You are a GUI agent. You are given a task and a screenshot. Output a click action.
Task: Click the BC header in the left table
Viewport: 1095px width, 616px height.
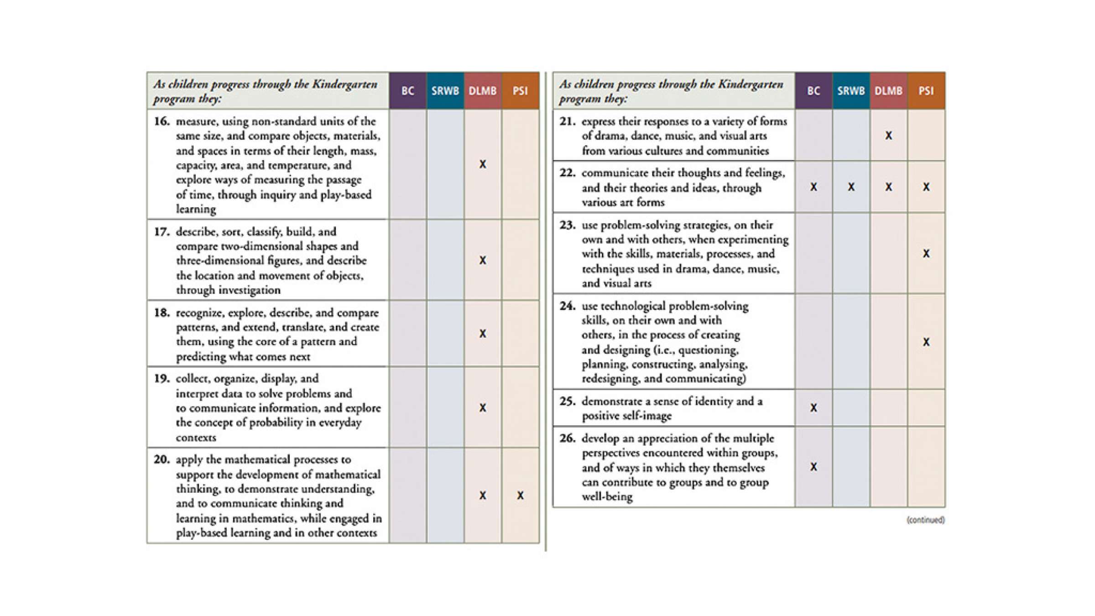tap(407, 91)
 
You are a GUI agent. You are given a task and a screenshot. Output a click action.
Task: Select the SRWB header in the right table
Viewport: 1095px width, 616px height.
tap(851, 91)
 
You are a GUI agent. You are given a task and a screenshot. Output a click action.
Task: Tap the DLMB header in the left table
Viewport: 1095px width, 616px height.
tap(482, 91)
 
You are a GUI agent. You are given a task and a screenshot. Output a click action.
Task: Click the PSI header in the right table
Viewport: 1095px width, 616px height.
tap(926, 91)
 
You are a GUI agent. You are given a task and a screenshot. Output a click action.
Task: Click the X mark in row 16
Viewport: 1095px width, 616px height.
tap(483, 164)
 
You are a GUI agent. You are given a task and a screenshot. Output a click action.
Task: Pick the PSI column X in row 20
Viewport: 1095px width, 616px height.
tap(520, 496)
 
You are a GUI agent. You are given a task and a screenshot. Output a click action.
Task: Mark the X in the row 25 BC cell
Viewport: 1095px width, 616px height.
tap(813, 408)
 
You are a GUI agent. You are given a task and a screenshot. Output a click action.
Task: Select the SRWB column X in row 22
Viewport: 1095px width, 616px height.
tap(851, 187)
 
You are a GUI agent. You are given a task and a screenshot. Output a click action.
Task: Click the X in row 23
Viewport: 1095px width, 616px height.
tap(926, 254)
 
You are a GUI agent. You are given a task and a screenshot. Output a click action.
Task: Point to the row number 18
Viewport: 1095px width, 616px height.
tap(162, 313)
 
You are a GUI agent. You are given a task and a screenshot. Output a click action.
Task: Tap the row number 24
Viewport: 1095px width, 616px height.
tap(567, 306)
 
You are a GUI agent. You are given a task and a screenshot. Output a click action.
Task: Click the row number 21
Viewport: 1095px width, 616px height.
tap(567, 121)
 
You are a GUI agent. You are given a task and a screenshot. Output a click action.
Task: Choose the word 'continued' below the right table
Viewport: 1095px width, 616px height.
tap(925, 520)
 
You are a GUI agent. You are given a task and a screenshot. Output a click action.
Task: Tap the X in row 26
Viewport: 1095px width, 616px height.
tap(813, 467)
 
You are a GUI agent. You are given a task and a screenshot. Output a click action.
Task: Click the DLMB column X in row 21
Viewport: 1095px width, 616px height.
tap(888, 136)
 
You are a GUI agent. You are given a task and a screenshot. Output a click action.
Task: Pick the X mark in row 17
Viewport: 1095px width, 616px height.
tap(483, 261)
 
